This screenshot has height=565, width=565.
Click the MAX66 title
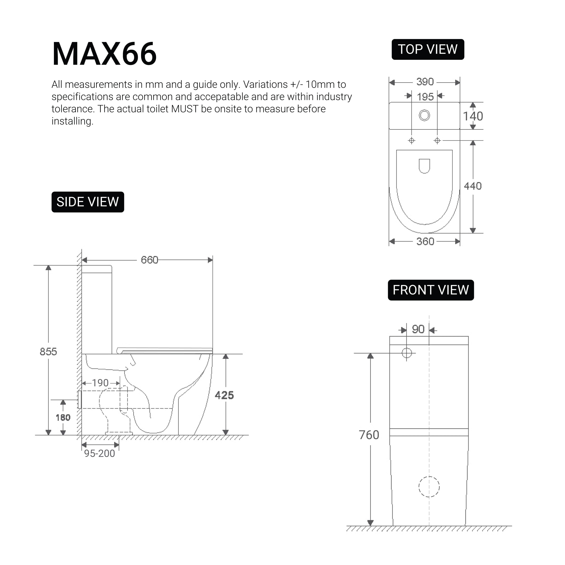[x=104, y=54]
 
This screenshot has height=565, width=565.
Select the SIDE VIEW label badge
[x=88, y=202]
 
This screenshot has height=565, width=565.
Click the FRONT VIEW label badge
[x=430, y=290]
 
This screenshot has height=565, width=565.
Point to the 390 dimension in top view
[x=425, y=82]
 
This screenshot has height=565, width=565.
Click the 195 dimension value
[x=425, y=97]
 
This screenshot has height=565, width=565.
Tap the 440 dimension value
[x=473, y=186]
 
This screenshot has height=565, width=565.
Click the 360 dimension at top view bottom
[x=425, y=242]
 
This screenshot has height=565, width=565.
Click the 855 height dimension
[x=48, y=352]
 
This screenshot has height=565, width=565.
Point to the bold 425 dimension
[x=224, y=395]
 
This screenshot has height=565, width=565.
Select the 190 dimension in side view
[x=100, y=383]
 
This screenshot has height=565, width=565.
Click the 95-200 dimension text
[x=100, y=454]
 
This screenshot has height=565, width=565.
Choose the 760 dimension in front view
[x=369, y=435]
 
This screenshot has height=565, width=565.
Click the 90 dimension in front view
[x=418, y=330]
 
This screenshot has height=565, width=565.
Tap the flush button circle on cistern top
[x=424, y=115]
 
